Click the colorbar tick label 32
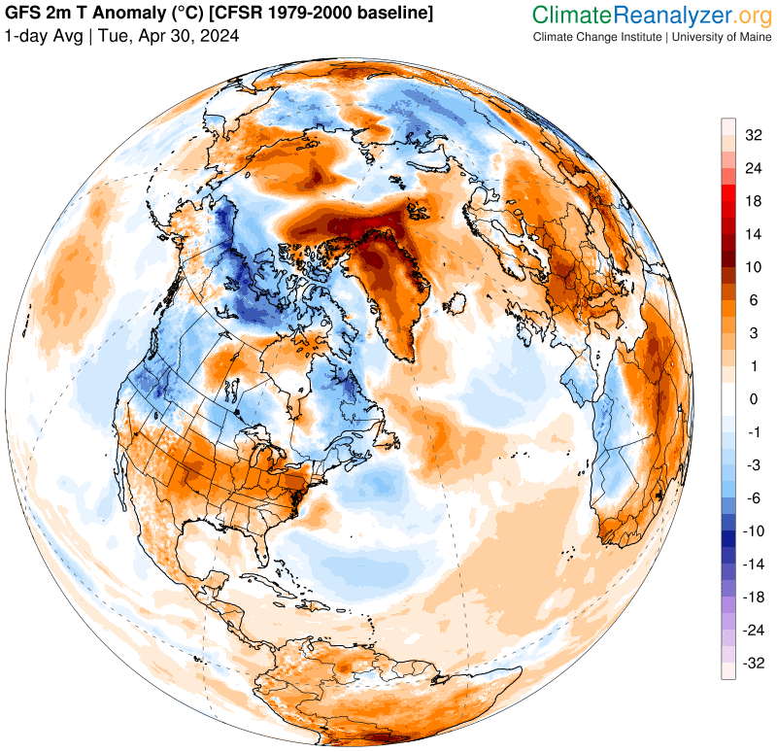coord(753,135)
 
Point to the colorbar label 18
coord(753,201)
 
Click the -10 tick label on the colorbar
coord(751,531)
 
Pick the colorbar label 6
coord(753,300)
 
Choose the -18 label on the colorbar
coord(751,598)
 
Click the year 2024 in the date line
coord(220,36)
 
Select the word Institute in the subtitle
coord(635,37)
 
